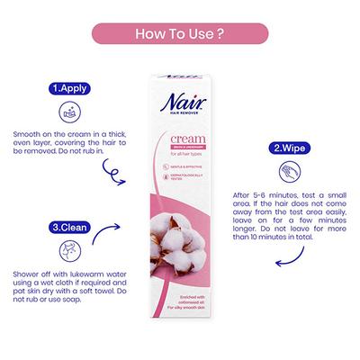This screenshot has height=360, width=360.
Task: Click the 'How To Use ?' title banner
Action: (179, 35)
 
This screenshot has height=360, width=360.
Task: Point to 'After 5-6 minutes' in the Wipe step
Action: (262, 194)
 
